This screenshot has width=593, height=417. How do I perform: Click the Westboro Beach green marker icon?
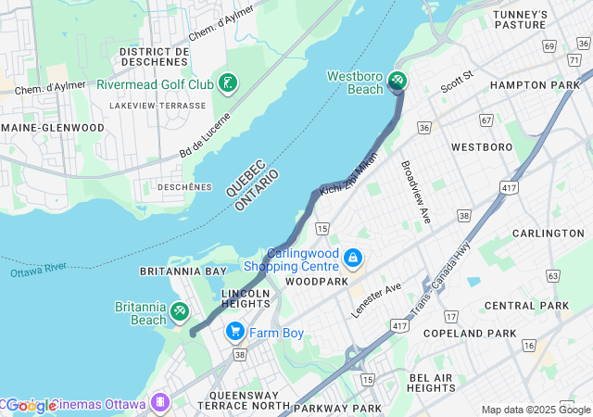pyautogui.click(x=397, y=82)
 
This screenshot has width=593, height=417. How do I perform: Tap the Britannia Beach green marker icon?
pyautogui.click(x=180, y=312)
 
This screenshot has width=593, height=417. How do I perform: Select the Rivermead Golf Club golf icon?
pyautogui.click(x=227, y=83)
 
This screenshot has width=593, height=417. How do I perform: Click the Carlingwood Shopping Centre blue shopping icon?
pyautogui.click(x=352, y=257)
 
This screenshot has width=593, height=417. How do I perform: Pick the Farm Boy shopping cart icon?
pyautogui.click(x=235, y=331)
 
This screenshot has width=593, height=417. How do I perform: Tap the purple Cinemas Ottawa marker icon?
pyautogui.click(x=160, y=402)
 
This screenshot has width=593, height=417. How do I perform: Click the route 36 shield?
pyautogui.click(x=424, y=127)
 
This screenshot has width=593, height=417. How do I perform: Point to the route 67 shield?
pyautogui.click(x=486, y=120)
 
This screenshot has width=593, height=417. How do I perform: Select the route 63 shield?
pyautogui.click(x=553, y=275)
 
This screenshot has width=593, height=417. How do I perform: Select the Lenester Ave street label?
pyautogui.click(x=376, y=300)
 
